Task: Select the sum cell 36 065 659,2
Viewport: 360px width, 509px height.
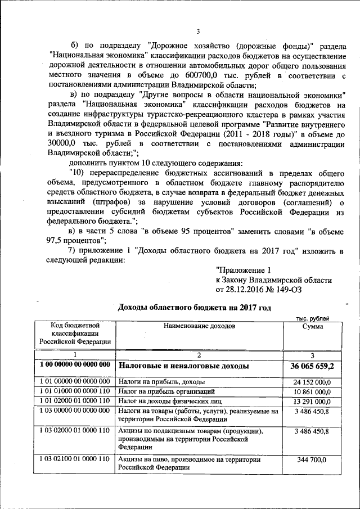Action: pyautogui.click(x=312, y=366)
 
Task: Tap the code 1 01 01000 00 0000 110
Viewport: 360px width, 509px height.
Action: pyautogui.click(x=75, y=391)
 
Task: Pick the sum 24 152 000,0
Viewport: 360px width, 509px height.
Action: pyautogui.click(x=312, y=382)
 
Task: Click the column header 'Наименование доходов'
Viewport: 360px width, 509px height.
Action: pyautogui.click(x=200, y=326)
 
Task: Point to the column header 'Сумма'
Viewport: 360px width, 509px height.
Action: pyautogui.click(x=312, y=326)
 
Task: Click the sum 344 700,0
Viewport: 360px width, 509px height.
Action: pyautogui.click(x=312, y=460)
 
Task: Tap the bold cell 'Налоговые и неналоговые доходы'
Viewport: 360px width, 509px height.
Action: pyautogui.click(x=182, y=366)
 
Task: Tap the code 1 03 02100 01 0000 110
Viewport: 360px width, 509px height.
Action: pyautogui.click(x=75, y=460)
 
